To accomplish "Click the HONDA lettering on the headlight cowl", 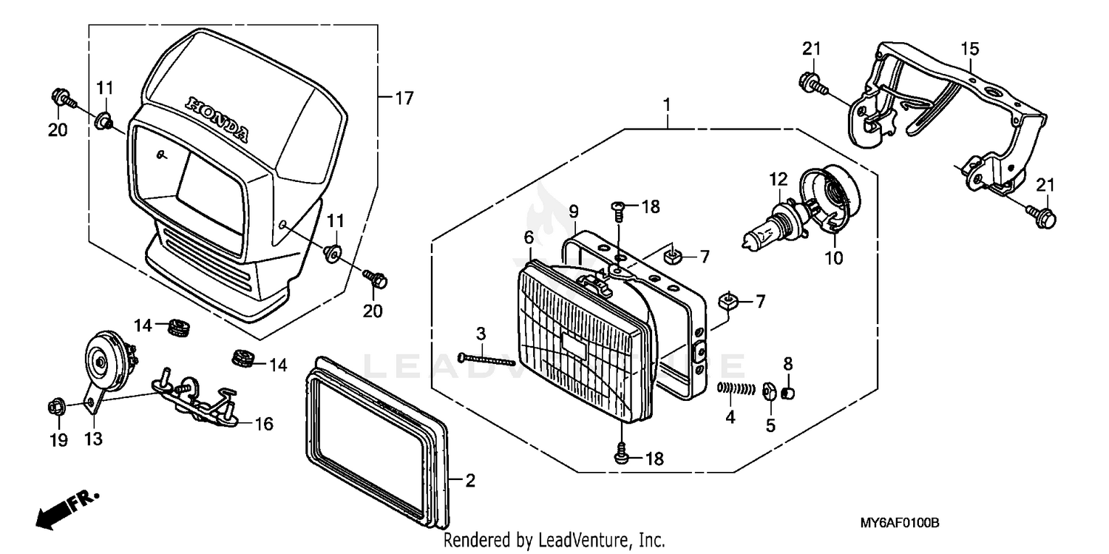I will point(217,118).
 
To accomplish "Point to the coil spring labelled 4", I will point(736,388).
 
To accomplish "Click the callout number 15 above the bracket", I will point(969,49).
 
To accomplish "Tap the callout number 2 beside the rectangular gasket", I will point(470,481).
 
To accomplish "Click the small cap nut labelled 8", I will point(788,391).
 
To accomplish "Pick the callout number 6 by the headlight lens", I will point(529,237).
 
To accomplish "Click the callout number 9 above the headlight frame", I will point(573,211).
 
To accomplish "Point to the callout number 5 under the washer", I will point(770,426).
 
